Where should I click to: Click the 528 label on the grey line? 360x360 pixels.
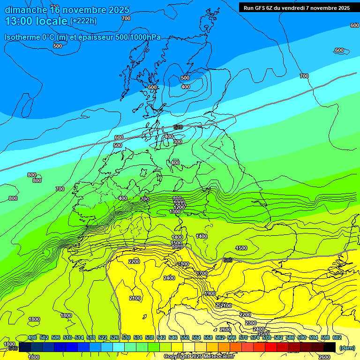coord(178,127)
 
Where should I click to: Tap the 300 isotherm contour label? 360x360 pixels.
coord(178,142)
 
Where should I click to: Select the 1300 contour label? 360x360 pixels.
coord(175,211)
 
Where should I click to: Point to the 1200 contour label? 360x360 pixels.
coord(179,207)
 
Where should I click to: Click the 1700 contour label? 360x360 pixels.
coord(202,273)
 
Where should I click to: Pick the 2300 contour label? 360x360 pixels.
coord(251,323)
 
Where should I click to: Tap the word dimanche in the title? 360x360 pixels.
coord(26,10)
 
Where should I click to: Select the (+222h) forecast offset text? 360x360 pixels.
coord(83,21)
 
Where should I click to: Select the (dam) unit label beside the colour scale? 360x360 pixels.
coord(347,347)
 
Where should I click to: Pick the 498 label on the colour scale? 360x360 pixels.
coord(32,337)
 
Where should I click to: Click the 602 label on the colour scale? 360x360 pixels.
coord(337,337)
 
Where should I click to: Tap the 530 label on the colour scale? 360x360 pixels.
coord(126,337)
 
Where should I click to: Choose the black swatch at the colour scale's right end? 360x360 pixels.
coord(330,347)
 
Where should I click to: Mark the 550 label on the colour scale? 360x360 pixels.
coord(185,337)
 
